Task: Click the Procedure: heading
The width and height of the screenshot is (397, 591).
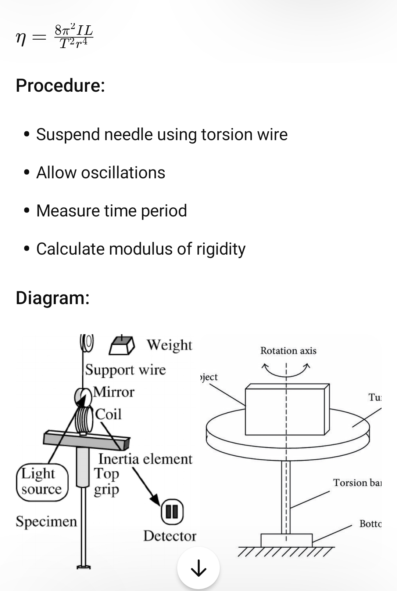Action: click(60, 85)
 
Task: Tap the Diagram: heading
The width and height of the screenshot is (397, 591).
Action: click(53, 298)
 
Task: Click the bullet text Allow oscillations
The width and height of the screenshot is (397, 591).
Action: click(101, 172)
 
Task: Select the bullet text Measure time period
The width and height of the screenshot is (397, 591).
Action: click(111, 211)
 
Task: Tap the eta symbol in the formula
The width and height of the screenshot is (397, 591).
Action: click(21, 39)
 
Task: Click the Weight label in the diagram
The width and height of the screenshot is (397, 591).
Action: click(169, 345)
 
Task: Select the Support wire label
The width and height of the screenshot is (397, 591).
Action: click(125, 370)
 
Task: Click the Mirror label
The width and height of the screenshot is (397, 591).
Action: click(114, 392)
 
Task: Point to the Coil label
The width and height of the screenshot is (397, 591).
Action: click(108, 415)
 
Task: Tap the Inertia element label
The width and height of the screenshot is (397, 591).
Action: click(145, 459)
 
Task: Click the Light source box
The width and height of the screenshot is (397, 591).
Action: click(42, 482)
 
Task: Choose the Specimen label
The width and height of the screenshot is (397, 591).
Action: click(46, 521)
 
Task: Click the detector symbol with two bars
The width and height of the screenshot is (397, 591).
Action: click(172, 511)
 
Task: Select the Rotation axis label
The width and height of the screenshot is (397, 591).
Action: click(288, 351)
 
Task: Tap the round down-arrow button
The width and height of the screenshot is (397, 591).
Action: click(198, 568)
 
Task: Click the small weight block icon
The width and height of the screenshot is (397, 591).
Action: click(122, 345)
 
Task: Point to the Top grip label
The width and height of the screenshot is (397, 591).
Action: click(106, 481)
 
